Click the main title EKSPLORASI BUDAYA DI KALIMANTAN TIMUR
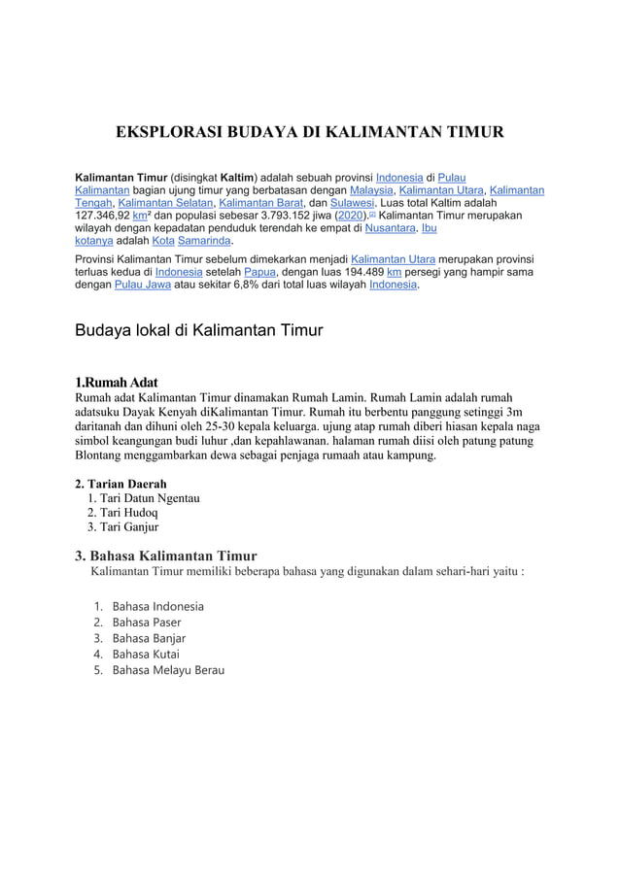coord(309,132)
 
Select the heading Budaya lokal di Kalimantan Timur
coord(199,330)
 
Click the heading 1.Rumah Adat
coord(117,382)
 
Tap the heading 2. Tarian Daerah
coord(121,483)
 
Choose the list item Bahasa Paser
coord(147,622)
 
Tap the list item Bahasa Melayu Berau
coord(168,670)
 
